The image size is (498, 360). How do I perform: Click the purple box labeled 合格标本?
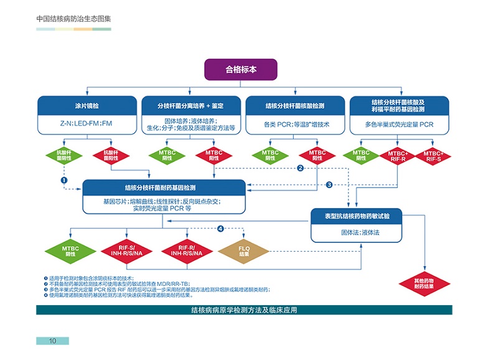[241, 69]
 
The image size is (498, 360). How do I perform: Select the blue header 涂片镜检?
[86, 105]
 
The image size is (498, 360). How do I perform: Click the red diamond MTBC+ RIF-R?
[398, 155]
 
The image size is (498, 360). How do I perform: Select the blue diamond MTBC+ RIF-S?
[434, 155]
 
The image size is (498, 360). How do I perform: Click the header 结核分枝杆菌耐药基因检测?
[164, 187]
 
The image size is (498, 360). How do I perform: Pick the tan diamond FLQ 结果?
[243, 252]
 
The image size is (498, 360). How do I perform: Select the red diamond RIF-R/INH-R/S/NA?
[185, 252]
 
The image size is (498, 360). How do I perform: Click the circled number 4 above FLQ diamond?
[220, 229]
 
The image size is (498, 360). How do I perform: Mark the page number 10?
[52, 341]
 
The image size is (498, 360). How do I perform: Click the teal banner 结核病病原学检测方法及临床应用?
[244, 310]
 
